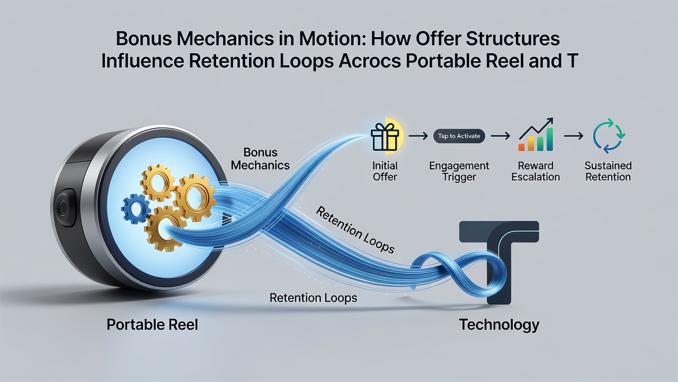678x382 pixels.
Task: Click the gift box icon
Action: pos(385,137)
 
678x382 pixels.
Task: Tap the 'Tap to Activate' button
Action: pos(459,136)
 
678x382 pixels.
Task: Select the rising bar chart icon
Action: pos(536,135)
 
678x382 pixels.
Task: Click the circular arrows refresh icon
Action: pos(609,135)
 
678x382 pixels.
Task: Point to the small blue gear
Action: pos(136,209)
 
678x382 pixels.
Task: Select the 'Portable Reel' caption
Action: pos(152,325)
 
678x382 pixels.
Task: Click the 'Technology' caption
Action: pos(499,325)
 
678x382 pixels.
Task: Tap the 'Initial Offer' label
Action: pos(385,171)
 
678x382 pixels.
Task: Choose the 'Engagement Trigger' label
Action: pos(459,171)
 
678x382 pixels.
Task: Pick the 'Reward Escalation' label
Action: pos(536,171)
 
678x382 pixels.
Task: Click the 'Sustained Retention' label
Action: pos(608,171)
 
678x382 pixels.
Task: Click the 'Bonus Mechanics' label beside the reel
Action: pos(260,159)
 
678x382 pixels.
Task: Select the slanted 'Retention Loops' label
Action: pos(355,230)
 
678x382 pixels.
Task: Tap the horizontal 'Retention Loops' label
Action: pos(313,298)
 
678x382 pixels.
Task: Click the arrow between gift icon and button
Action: pos(418,136)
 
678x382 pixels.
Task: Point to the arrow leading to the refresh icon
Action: pos(574,136)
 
